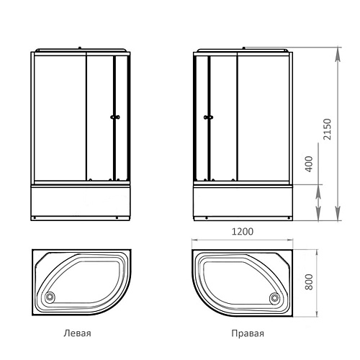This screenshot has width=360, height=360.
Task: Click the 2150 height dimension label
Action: pos(327,129)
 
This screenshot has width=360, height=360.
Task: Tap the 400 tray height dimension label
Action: pos(309,164)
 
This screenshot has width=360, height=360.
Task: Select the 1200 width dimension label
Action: pos(242,232)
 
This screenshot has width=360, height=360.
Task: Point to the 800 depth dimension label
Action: pos(309,282)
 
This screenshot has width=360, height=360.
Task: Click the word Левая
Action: pos(77,333)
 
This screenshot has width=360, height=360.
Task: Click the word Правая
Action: pos(248,333)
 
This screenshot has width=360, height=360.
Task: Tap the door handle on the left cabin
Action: pos(115,117)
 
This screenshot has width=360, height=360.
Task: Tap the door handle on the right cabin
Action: pos(208,117)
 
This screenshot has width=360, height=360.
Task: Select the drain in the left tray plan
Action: pos(50,297)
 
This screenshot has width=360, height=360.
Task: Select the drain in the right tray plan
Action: pos(274,298)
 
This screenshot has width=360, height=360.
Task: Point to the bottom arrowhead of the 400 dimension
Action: pos(318,214)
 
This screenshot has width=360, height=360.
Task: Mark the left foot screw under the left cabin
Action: pos(35,218)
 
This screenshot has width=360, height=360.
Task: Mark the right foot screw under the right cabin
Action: pos(289,218)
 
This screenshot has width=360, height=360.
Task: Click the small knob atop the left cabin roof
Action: pos(80,48)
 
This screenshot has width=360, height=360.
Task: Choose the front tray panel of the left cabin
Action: pos(81,200)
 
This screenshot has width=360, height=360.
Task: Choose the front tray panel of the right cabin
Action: pos(243,200)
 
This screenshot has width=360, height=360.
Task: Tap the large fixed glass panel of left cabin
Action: pos(60,118)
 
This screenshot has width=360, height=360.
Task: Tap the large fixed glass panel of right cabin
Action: pos(264,118)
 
